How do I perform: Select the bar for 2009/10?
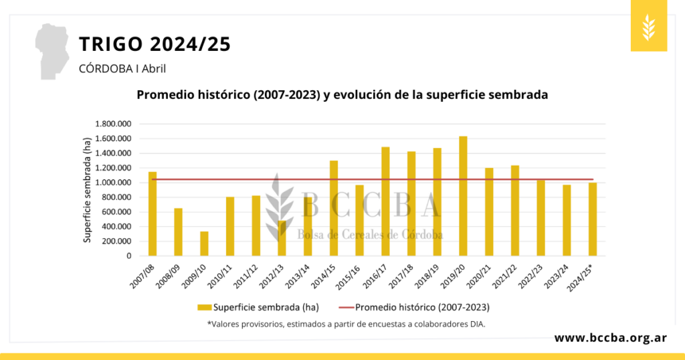click(204, 244)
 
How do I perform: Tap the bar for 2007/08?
click(153, 213)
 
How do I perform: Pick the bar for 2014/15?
click(334, 208)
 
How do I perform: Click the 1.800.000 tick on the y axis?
click(113, 124)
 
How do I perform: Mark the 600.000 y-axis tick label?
click(117, 212)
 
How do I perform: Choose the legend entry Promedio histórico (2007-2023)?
click(415, 308)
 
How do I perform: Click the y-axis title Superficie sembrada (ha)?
click(88, 189)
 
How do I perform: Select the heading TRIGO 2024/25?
click(155, 45)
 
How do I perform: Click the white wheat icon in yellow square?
click(648, 27)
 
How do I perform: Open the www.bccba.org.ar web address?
click(609, 338)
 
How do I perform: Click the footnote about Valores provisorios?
click(346, 325)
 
